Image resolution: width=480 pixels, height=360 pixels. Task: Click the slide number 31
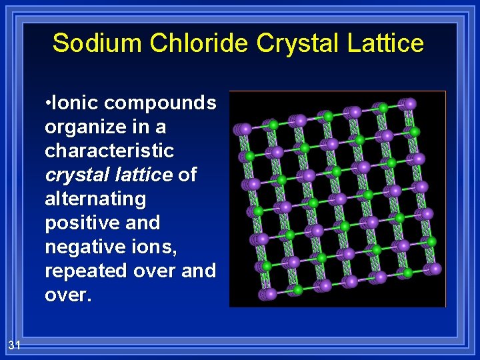(x=15, y=345)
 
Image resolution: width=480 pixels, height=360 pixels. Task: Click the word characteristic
(x=109, y=151)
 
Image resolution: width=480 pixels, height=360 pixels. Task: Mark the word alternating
(x=95, y=199)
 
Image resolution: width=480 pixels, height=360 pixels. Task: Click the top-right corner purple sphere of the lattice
(x=410, y=103)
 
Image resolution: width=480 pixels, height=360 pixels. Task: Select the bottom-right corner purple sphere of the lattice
(x=435, y=269)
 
